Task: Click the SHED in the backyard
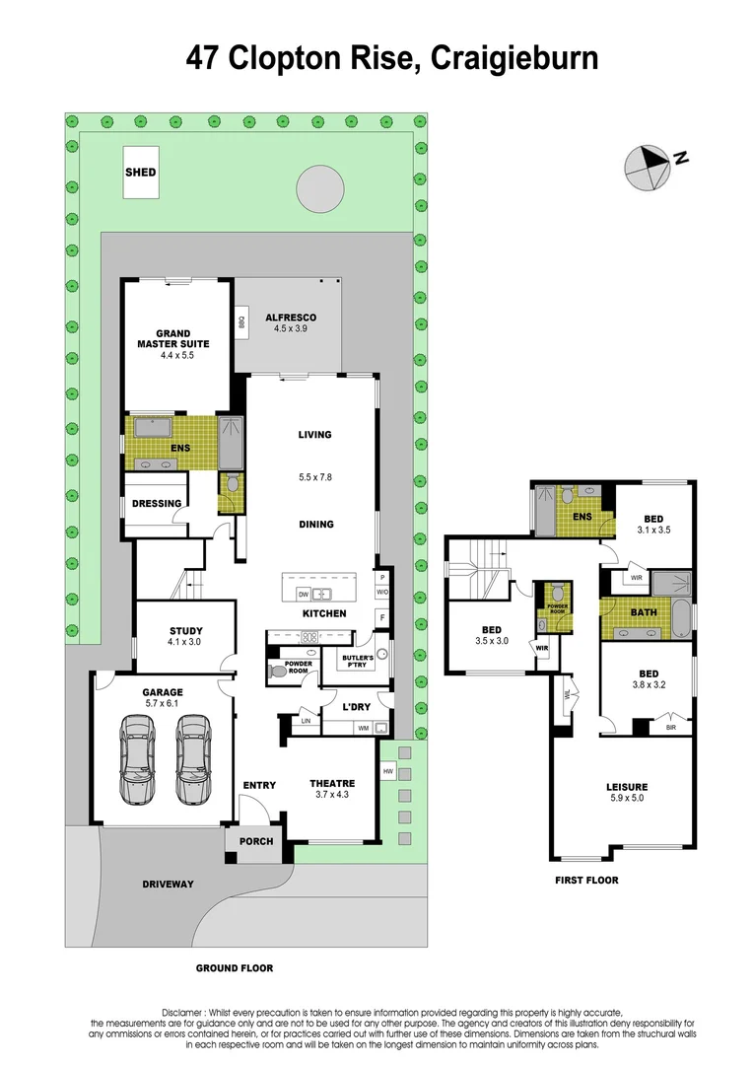[140, 172]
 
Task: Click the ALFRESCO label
[291, 317]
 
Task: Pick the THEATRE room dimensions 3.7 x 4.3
[332, 795]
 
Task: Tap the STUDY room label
[185, 630]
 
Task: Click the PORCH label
[255, 841]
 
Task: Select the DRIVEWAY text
[168, 884]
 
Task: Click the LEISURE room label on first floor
[626, 786]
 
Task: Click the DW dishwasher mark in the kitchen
[304, 594]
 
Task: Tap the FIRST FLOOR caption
[585, 880]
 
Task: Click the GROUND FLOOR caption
[234, 967]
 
